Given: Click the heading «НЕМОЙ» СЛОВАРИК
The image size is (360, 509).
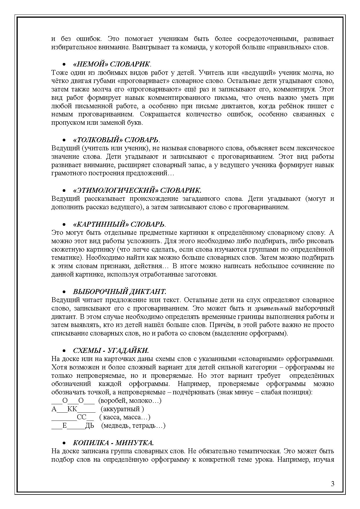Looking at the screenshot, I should tap(112, 64).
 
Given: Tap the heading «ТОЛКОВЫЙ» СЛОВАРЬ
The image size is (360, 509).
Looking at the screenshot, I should tap(116, 140).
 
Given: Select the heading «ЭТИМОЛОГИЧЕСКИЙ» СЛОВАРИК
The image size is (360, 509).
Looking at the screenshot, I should tap(137, 190).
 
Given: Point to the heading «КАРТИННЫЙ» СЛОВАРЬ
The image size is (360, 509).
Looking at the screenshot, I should tap(119, 224).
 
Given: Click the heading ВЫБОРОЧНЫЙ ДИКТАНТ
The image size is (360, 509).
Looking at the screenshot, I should tap(119, 292).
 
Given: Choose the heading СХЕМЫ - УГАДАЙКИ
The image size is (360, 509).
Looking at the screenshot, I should tap(111, 351).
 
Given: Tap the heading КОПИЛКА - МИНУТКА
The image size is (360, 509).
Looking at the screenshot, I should tap(113, 443).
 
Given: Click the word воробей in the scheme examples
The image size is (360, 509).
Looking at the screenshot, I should tap(111, 401).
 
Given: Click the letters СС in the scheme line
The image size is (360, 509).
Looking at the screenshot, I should tap(82, 418).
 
